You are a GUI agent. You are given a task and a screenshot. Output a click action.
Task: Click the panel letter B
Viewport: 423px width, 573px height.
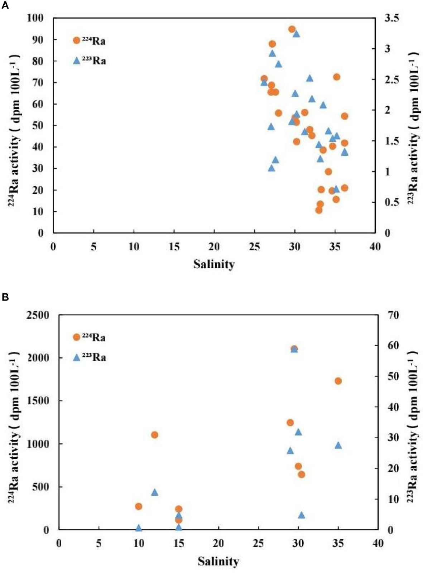[5, 297]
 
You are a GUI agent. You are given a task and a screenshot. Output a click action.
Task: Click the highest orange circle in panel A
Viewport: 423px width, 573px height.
[292, 29]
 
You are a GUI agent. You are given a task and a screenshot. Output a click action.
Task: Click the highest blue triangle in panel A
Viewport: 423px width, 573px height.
[296, 34]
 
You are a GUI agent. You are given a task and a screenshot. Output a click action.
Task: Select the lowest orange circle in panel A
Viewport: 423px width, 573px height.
[319, 210]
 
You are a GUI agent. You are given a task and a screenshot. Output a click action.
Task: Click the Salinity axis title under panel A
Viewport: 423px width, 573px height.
[214, 264]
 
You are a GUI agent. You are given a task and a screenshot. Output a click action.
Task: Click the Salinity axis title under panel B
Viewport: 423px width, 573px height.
[218, 561]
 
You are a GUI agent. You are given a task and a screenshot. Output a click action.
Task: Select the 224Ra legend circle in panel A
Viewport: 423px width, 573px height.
[77, 40]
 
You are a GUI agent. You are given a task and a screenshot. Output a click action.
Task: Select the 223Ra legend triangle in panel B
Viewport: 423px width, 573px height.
[77, 357]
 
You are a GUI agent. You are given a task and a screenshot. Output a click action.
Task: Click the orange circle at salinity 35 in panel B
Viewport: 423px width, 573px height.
[338, 381]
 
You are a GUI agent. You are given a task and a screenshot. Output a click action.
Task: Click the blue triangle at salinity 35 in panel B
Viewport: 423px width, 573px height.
[338, 445]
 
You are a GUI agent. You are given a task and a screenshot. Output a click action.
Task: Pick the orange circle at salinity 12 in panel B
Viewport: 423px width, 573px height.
[155, 435]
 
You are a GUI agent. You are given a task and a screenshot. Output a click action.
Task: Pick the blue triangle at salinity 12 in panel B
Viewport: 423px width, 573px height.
[155, 492]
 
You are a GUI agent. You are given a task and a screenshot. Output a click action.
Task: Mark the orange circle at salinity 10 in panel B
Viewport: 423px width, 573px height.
[139, 506]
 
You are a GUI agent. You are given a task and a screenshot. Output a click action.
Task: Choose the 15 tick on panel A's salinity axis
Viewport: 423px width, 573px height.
[174, 247]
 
